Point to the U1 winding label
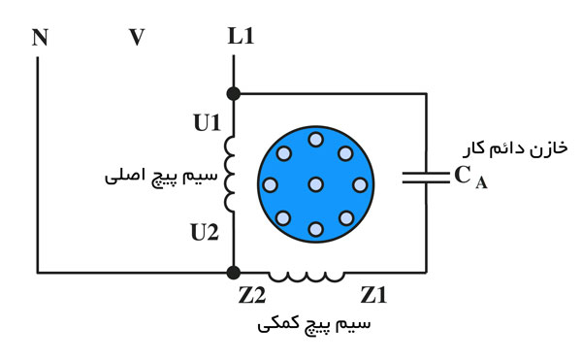208,123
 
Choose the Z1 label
373,293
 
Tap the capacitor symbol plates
425,178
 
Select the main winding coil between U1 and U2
231,175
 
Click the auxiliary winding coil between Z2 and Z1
307,276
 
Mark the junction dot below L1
233,93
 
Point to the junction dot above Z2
233,273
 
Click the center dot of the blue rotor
315,183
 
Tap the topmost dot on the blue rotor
315,140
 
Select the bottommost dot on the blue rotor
315,229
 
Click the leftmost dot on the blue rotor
271,184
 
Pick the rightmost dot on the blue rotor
360,184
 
